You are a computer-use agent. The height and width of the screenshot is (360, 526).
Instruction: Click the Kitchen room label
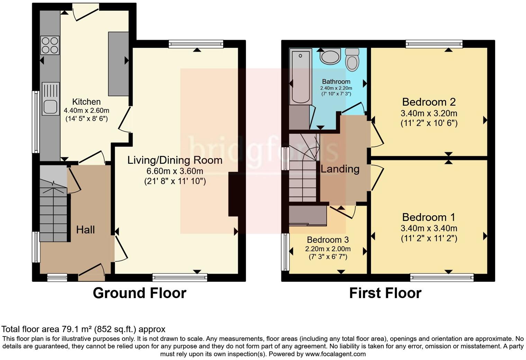[x=87, y=102]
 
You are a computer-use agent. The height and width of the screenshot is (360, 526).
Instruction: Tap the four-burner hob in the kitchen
[x=50, y=45]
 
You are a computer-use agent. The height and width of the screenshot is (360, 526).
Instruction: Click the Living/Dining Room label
[x=175, y=160]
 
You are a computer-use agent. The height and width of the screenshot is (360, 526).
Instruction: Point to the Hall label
[x=85, y=230]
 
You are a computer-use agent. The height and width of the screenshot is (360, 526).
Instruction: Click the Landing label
[x=340, y=169]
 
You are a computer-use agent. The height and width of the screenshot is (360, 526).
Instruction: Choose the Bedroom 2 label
[x=429, y=102]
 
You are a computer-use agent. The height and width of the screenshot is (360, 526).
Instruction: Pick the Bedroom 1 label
[x=429, y=217]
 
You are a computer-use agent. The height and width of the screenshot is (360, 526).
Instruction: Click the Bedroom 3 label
[x=327, y=240]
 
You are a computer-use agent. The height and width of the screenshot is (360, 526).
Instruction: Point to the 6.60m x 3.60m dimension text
[x=175, y=171]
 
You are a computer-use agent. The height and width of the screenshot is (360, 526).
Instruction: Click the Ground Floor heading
[x=139, y=293]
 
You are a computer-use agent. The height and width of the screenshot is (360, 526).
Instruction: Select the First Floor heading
[x=385, y=293]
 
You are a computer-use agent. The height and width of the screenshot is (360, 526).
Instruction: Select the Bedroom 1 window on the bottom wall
[x=442, y=277]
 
